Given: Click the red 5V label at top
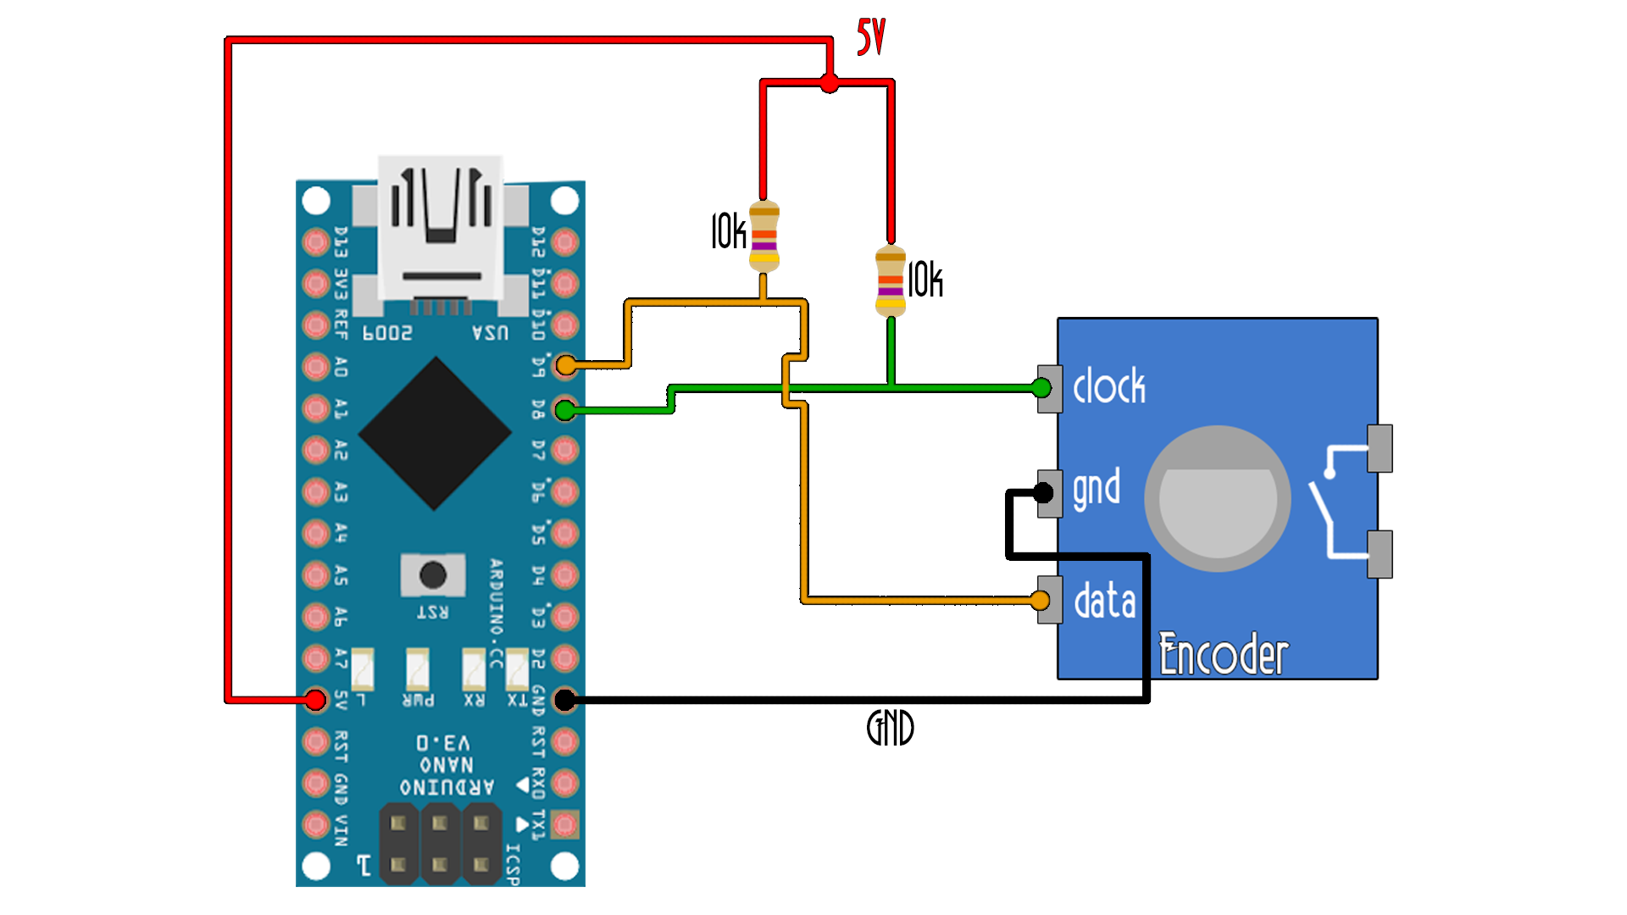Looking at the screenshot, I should pos(870,37).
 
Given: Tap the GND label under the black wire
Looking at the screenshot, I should pos(890,728).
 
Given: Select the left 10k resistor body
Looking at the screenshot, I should pos(764,236).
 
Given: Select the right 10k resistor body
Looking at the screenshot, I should pos(890,281).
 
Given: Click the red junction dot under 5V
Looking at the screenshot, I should pos(830,83).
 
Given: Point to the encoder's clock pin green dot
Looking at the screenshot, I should pos(1041,388).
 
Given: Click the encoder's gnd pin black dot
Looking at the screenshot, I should pos(1043,492).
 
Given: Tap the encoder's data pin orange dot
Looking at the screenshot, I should pos(1040,601).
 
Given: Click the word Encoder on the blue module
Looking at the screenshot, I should pos(1223,655).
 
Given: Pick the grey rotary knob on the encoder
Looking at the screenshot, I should pos(1218,499).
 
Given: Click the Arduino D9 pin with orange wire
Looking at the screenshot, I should pos(565,365).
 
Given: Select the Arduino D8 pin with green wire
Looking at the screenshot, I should pos(564,411).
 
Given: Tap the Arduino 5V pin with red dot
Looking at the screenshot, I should pos(315,700).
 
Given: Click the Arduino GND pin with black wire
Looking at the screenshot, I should pos(564,700).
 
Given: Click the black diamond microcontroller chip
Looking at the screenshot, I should pos(435,433).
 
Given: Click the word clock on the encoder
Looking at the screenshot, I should pos(1108,387).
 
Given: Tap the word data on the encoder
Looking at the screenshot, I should pos(1104,602).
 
